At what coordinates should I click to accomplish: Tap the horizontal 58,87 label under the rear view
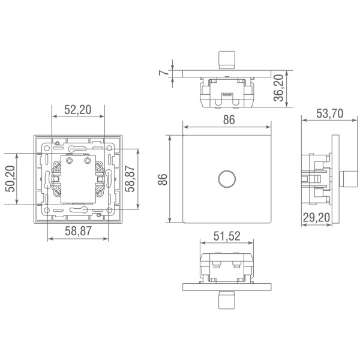[77, 230]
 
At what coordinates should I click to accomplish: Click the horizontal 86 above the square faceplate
[228, 120]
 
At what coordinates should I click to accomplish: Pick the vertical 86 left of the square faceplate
[163, 179]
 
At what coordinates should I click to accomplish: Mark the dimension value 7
[162, 73]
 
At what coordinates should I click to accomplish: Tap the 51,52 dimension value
[228, 236]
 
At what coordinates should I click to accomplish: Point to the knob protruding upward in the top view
[225, 59]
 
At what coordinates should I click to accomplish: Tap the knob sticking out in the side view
[347, 179]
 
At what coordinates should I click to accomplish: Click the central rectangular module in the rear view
[78, 178]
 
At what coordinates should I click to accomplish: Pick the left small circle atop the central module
[69, 161]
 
